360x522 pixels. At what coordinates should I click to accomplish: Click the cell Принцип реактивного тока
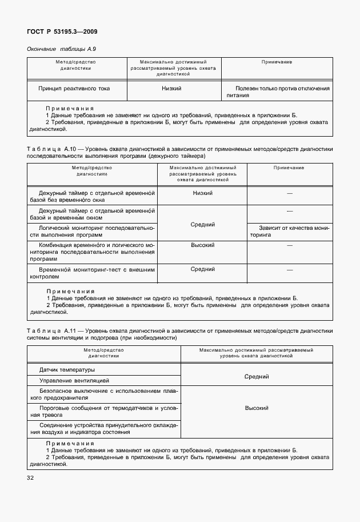[x=74, y=89]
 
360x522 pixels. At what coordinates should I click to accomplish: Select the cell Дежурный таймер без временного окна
[x=92, y=197]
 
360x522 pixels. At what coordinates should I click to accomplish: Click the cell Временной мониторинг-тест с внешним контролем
[x=92, y=272]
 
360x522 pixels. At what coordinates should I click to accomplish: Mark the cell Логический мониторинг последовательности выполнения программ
[x=92, y=231]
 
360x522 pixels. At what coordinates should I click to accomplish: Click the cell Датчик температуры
[x=67, y=369]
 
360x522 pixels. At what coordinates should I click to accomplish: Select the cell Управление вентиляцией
[x=74, y=380]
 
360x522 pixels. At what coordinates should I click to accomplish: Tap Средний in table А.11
[x=257, y=376]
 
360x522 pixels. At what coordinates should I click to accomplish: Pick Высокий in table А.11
[x=257, y=408]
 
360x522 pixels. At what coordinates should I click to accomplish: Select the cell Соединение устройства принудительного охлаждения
[x=103, y=429]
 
